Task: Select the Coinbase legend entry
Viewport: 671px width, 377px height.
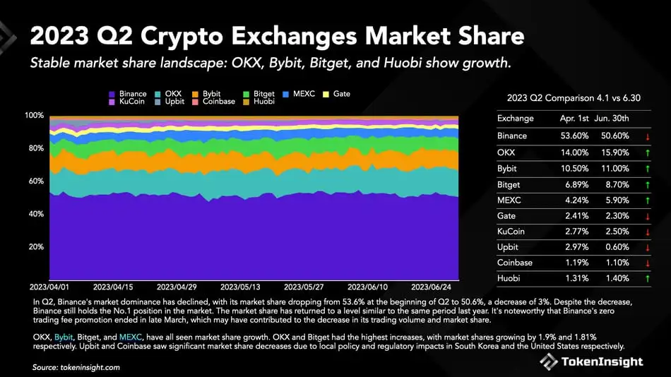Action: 214,102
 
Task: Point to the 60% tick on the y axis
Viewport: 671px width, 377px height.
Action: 36,181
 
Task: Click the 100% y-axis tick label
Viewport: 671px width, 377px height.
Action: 35,115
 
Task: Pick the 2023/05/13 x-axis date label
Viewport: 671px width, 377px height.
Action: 240,288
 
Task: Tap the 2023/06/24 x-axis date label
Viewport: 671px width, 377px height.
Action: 431,288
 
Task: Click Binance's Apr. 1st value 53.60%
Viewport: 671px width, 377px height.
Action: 574,136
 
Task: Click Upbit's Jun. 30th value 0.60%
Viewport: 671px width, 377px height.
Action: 615,247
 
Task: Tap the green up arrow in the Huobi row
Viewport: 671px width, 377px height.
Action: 646,279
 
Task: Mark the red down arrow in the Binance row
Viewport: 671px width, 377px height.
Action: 646,136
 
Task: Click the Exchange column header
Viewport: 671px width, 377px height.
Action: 515,118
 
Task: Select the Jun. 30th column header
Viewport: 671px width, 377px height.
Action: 612,118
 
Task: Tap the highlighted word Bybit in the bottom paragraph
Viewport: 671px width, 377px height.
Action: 64,337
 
